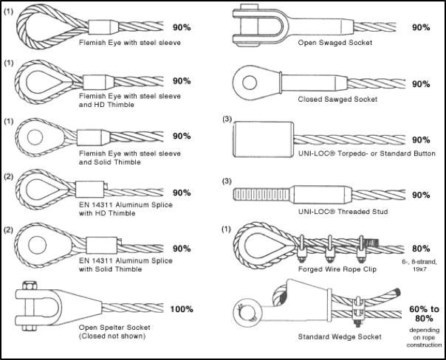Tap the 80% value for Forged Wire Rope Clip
[x=421, y=249]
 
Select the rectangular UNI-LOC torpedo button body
[x=263, y=137]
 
